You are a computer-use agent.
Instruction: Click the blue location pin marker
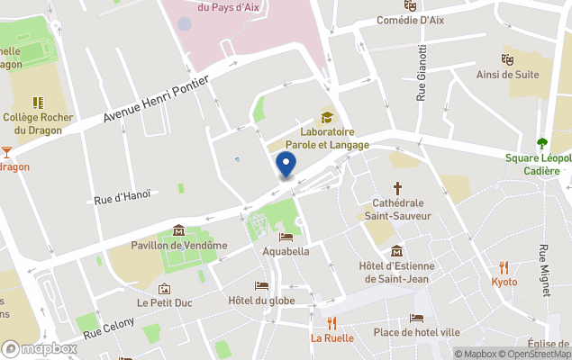(x=286, y=166)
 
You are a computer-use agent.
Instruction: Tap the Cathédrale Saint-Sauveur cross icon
(x=397, y=189)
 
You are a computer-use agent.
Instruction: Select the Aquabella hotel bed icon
(x=286, y=238)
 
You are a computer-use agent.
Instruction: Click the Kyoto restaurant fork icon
(x=504, y=267)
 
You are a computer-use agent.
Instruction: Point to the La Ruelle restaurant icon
(x=331, y=323)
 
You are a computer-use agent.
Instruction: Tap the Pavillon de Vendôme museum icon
(x=178, y=230)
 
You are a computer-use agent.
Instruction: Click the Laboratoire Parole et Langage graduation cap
(x=326, y=117)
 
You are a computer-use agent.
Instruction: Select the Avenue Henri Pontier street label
(x=155, y=101)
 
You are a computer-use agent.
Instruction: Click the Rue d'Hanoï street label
(x=122, y=196)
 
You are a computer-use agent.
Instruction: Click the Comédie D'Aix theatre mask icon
(x=410, y=5)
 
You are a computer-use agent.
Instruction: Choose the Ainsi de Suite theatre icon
(x=507, y=59)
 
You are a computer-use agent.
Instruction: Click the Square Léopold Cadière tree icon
(x=541, y=143)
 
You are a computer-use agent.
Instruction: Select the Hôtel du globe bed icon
(x=261, y=285)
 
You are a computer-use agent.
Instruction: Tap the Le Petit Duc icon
(x=164, y=289)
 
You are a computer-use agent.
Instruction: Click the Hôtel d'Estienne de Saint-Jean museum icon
(x=396, y=250)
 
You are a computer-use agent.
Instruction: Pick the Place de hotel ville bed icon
(x=416, y=318)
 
